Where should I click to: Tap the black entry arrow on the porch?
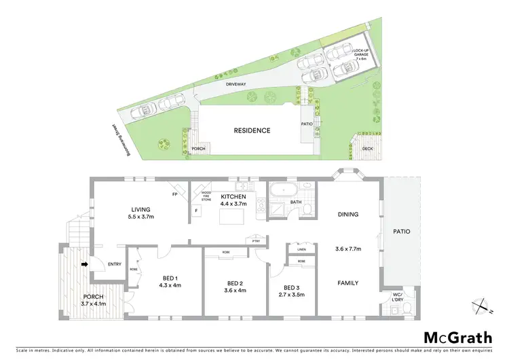click(84, 265)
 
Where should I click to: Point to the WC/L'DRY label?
click(398, 297)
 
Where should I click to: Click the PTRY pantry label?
click(255, 240)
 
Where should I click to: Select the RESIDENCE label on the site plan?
click(252, 130)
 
